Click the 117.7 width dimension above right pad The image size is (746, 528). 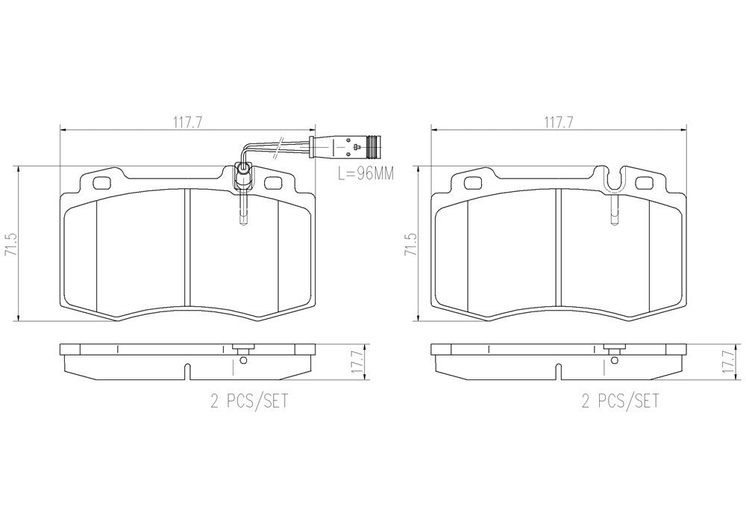click(x=558, y=123)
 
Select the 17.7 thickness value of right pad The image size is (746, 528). click(x=728, y=362)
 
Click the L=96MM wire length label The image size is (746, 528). click(x=363, y=174)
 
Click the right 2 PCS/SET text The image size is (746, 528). click(x=620, y=403)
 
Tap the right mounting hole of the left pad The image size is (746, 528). click(x=273, y=182)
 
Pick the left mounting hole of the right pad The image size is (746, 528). click(x=473, y=182)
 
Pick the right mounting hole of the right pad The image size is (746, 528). click(x=645, y=182)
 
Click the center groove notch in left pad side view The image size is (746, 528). click(x=186, y=369)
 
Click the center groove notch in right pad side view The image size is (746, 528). click(x=558, y=369)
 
